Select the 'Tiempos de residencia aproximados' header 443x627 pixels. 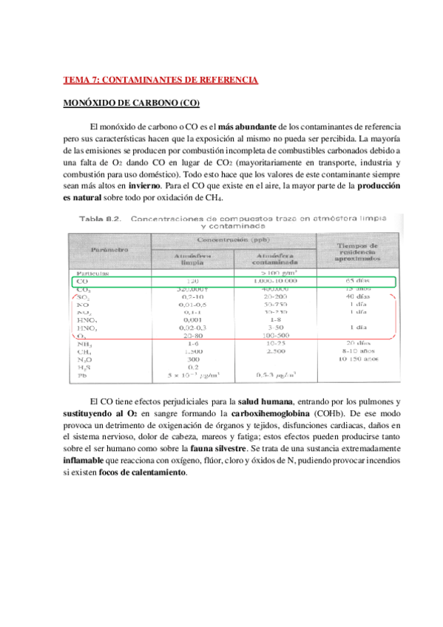[x=358, y=251]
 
